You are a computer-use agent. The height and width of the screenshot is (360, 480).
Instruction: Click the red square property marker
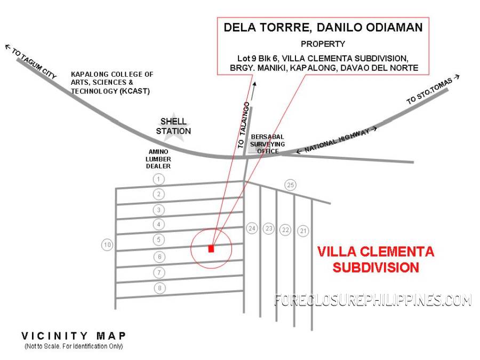click(211, 249)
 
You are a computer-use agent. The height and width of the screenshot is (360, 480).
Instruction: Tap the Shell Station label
click(173, 126)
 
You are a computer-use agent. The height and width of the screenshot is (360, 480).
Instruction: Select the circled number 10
click(107, 245)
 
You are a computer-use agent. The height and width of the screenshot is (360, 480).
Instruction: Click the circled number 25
click(290, 185)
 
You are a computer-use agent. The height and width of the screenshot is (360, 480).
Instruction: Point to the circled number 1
click(158, 179)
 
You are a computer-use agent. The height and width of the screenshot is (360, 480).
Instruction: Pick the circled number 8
click(159, 288)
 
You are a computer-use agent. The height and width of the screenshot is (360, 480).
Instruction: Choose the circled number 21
click(303, 231)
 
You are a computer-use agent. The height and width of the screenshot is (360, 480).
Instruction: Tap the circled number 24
click(252, 228)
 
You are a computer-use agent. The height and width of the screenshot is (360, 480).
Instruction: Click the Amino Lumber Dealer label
click(158, 159)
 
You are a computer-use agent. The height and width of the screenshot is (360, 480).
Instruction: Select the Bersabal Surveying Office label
click(267, 144)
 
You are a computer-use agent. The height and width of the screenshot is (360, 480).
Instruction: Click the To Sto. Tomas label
click(433, 90)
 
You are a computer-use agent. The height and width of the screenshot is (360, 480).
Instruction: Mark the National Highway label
click(337, 140)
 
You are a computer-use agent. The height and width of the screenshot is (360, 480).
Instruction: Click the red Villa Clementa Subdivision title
click(375, 260)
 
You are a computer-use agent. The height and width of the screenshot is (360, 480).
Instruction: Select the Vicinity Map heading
click(74, 336)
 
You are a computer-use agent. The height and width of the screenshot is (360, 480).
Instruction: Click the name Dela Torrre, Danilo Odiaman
click(323, 27)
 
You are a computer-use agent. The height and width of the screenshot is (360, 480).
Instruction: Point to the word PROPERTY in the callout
click(323, 44)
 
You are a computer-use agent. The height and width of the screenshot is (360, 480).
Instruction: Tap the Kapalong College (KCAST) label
click(112, 83)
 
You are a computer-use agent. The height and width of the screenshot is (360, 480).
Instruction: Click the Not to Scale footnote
click(74, 346)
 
